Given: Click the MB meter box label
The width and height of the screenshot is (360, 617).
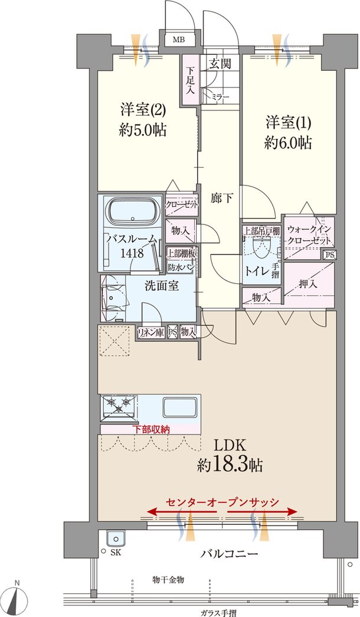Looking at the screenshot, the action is (179, 40).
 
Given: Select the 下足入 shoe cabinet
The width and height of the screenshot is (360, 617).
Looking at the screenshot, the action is (191, 80).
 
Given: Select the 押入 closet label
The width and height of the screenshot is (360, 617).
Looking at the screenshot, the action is (308, 283).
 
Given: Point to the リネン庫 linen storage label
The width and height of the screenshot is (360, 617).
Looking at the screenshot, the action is (150, 332).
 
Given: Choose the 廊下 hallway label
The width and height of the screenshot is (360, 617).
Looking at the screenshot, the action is (221, 199).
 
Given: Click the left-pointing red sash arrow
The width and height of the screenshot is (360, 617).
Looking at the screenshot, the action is (182, 511).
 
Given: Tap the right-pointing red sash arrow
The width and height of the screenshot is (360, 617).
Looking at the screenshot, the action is (262, 511).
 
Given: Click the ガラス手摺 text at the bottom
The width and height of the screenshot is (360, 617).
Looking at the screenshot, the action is (218, 613).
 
